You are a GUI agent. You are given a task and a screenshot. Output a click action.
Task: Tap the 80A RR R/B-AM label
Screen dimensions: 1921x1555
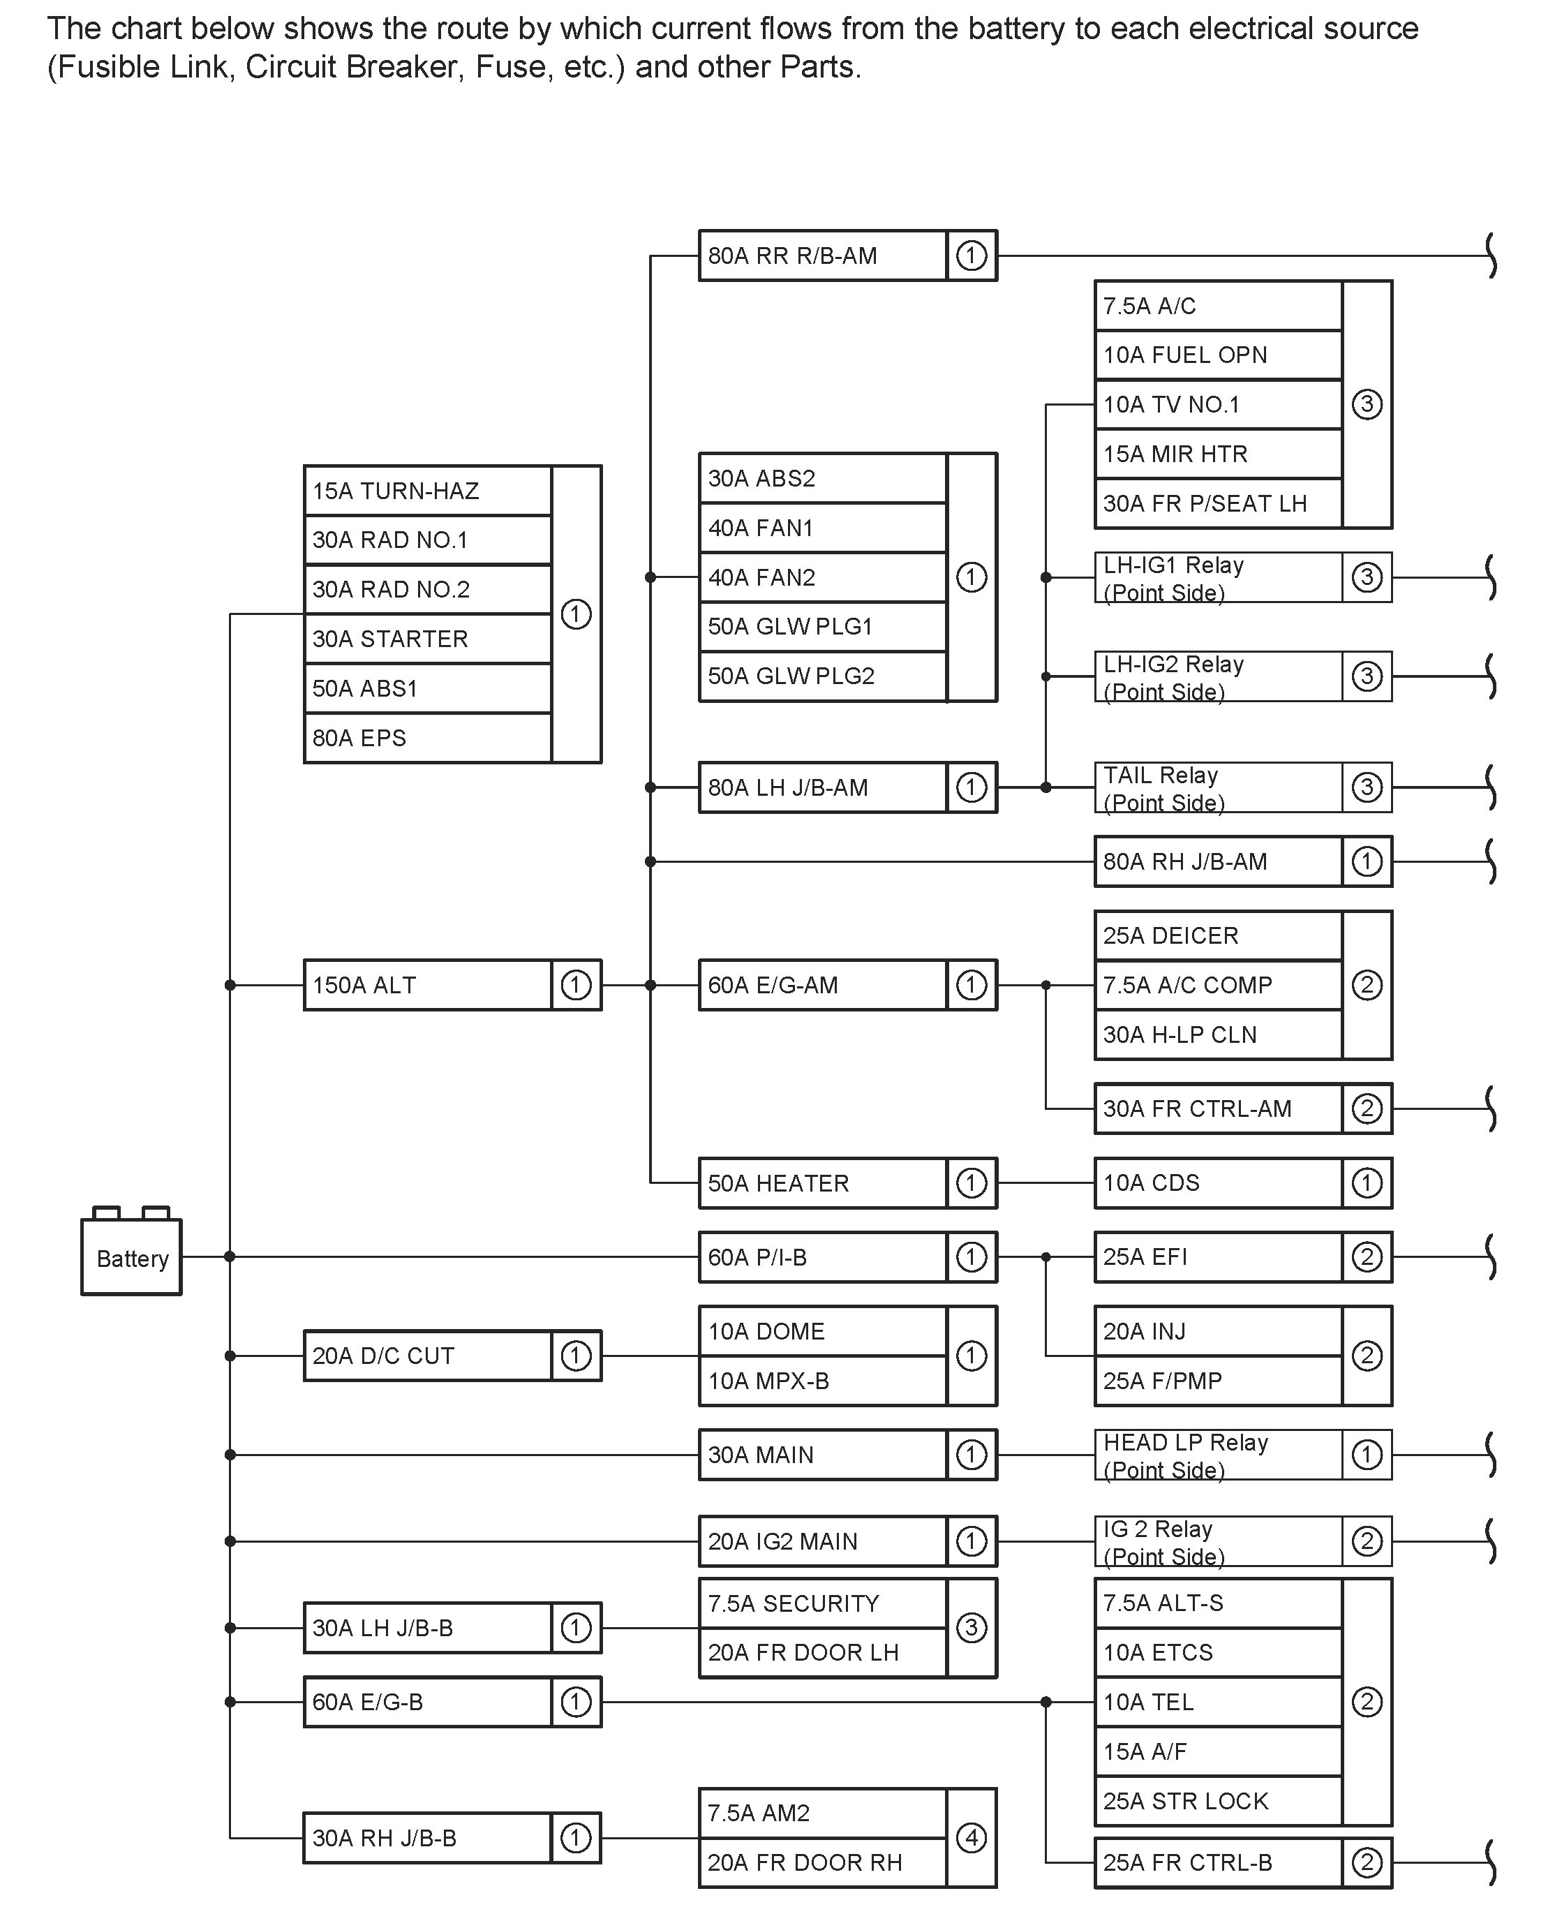[x=793, y=256]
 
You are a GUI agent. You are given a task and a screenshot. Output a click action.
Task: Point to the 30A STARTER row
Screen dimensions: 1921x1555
[x=427, y=639]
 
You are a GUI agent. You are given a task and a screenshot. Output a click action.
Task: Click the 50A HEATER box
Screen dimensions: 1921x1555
[x=822, y=1182]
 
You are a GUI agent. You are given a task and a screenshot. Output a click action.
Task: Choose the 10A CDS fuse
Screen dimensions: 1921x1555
[x=1217, y=1182]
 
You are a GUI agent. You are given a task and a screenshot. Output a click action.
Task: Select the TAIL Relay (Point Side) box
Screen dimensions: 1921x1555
[x=1217, y=787]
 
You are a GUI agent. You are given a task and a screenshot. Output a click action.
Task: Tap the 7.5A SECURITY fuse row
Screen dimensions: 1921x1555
[x=822, y=1603]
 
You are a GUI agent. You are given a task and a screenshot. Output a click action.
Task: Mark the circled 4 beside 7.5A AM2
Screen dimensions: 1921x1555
[x=972, y=1838]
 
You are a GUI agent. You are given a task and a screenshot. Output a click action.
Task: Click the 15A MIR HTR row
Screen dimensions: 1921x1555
[x=1217, y=454]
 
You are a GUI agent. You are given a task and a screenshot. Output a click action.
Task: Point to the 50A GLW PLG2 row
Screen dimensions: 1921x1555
[x=822, y=676]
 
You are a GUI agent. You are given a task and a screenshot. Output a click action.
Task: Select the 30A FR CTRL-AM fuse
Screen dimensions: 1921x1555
[x=1217, y=1108]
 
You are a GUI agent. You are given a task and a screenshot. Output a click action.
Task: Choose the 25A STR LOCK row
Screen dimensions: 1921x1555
[x=1217, y=1801]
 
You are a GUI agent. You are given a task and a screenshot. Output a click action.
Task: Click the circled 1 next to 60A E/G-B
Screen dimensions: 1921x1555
[x=576, y=1702]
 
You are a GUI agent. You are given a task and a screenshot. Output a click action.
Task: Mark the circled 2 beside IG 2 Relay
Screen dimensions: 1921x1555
[x=1367, y=1541]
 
